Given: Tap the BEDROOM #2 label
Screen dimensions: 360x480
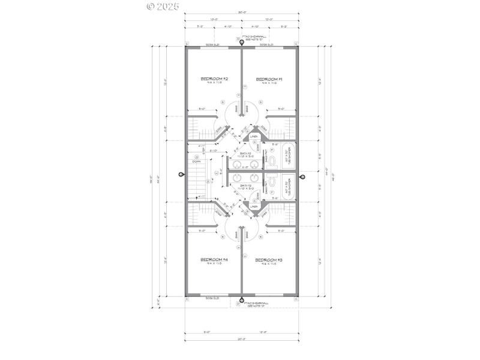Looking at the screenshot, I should [x=214, y=79].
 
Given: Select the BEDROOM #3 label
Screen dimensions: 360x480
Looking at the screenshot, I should [x=268, y=260].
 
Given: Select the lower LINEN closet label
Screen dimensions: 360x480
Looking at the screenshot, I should [x=254, y=206].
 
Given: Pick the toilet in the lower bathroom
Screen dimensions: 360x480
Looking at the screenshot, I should [x=271, y=182].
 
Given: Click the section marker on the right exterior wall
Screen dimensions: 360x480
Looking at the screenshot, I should [x=302, y=177].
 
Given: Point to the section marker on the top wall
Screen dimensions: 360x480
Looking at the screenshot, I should [x=242, y=43].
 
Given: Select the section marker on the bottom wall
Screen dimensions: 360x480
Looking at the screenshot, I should [x=242, y=301].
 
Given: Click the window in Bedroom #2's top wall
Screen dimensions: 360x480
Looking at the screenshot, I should [x=211, y=46].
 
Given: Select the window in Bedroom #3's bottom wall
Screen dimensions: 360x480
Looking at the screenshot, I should [x=268, y=296].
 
